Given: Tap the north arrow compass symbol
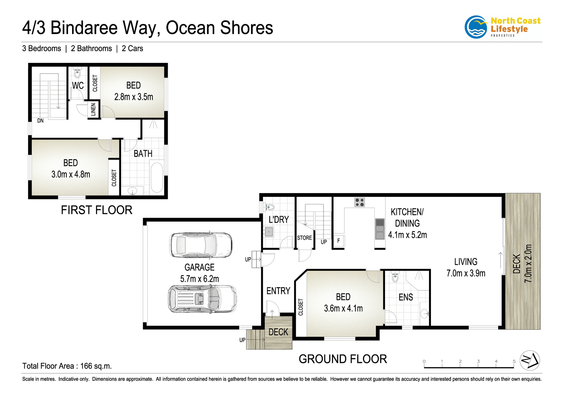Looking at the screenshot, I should click(530, 361).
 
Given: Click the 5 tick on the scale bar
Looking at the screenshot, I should click(514, 361).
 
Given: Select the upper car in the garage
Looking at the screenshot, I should click(201, 245).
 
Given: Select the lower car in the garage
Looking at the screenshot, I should click(202, 299).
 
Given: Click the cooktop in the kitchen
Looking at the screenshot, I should click(360, 202).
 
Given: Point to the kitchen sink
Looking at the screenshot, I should click(380, 229).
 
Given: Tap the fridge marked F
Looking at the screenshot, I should click(339, 241).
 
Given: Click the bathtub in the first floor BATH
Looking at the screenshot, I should click(157, 177).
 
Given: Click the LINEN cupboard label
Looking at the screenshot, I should click(93, 110).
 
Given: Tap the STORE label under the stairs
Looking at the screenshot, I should click(304, 238).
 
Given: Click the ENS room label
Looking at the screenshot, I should click(406, 297).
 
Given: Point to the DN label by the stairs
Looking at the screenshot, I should click(40, 121).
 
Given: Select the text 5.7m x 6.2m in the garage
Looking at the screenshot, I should click(200, 279).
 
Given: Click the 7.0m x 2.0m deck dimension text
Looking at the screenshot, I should click(528, 263).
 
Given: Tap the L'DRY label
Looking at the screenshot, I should click(278, 220).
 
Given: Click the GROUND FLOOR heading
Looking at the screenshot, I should click(343, 359).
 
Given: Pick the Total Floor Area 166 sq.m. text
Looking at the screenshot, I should click(67, 366).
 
